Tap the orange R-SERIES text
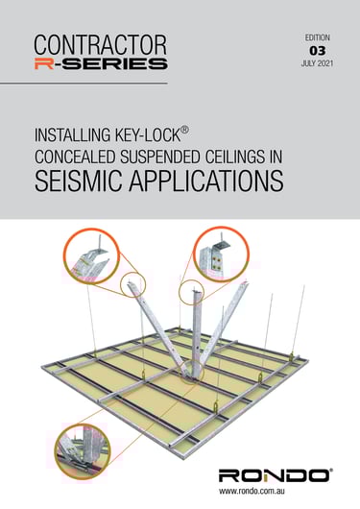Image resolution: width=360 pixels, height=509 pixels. click(100, 63)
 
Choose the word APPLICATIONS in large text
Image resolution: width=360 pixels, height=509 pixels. click(223, 182)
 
